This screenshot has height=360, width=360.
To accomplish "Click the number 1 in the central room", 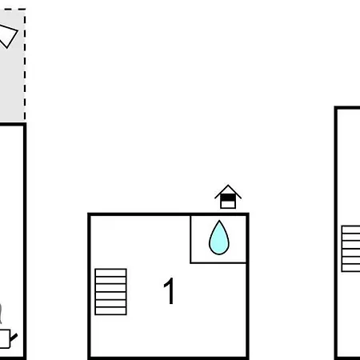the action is click(x=169, y=291).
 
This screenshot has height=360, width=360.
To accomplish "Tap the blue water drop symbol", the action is click(x=219, y=238).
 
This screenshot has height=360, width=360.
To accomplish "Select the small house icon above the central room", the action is click(x=228, y=197).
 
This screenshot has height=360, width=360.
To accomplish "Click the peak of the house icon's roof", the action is click(x=228, y=185).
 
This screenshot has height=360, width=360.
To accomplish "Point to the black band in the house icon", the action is click(x=228, y=198).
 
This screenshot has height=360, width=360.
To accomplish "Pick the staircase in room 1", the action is click(x=110, y=292).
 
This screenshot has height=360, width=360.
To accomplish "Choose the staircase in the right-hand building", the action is click(x=350, y=249).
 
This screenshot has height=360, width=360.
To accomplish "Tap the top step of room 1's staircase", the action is click(x=110, y=273).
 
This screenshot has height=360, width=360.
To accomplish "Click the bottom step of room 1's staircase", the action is click(x=110, y=311).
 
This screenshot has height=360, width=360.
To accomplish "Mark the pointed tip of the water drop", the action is click(x=219, y=221).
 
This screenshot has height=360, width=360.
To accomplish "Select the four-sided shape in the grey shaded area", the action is click(x=7, y=36).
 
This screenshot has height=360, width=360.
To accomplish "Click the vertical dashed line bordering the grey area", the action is click(x=25, y=65).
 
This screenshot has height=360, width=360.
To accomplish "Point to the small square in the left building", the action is click(x=5, y=338).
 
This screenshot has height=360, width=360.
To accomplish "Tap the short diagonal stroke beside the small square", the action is click(x=14, y=338).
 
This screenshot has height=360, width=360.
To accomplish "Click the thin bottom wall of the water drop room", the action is click(x=218, y=263).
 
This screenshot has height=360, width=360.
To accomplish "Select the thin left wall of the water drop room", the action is click(x=190, y=239).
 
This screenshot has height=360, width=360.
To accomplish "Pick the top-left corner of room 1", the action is click(x=89, y=214).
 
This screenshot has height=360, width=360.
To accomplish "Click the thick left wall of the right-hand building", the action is click(x=336, y=234).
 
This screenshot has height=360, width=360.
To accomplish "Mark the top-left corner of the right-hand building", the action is click(x=336, y=108).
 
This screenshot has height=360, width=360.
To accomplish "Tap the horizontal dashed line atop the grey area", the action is click(x=14, y=10).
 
